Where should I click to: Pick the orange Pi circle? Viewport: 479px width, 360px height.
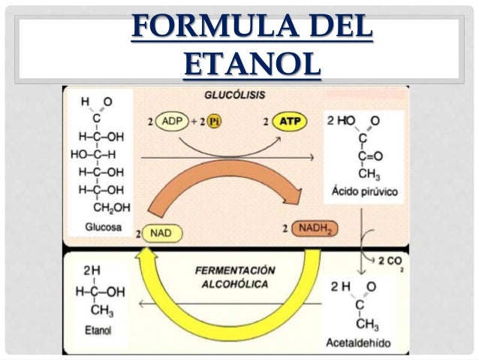point(215,121)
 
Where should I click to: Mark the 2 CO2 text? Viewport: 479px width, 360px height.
point(387,262)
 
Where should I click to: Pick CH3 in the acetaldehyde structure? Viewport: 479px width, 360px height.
point(367,325)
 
